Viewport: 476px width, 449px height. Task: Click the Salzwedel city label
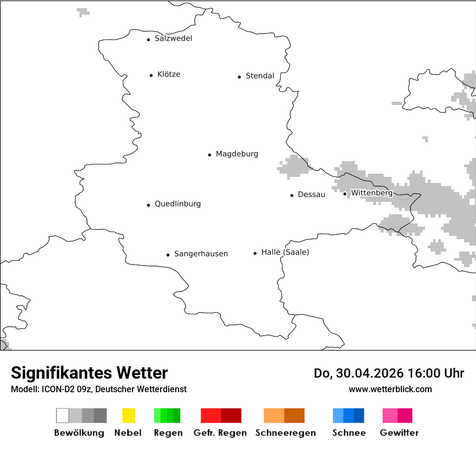pos(173,38)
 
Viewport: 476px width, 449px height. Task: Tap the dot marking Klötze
pos(151,75)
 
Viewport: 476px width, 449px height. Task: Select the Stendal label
pos(260,76)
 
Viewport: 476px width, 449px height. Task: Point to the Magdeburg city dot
pos(209,155)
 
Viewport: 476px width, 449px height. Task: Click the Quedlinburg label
pos(177,204)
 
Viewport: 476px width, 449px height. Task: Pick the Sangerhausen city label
pos(201,254)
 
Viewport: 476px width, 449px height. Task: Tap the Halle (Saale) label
pos(285,252)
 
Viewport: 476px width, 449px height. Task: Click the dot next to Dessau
pos(292,195)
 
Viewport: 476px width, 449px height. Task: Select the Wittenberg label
pos(372,193)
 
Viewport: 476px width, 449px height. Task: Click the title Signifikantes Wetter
pos(89,373)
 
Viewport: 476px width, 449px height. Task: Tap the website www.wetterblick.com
pos(390,389)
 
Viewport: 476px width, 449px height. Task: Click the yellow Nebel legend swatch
pos(128,415)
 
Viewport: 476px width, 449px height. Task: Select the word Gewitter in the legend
pos(399,433)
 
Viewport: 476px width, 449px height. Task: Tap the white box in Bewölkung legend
pos(62,415)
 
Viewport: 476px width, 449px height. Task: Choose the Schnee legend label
pos(348,433)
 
